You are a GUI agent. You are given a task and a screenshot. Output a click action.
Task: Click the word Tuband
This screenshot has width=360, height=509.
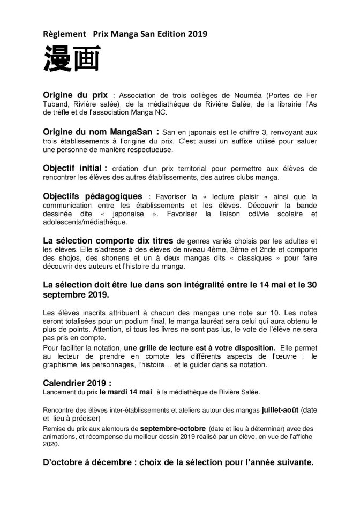click(55, 104)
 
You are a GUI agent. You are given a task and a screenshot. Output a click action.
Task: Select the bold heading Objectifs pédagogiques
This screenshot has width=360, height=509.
click(93, 196)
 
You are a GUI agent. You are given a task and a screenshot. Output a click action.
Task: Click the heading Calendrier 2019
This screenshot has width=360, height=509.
click(77, 383)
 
